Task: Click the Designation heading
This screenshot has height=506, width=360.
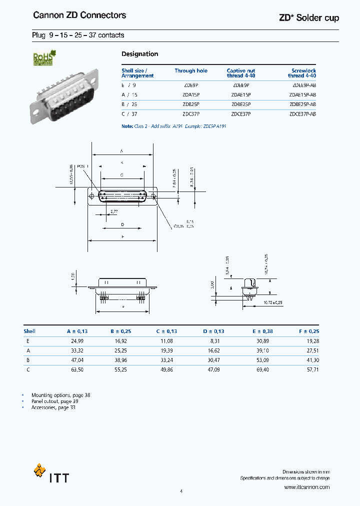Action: click(x=140, y=54)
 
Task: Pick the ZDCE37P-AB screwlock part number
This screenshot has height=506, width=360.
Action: click(x=302, y=114)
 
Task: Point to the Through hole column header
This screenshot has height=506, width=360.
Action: click(x=191, y=71)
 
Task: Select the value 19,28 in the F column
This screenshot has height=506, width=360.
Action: click(x=312, y=340)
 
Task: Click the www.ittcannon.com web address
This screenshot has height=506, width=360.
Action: click(x=306, y=487)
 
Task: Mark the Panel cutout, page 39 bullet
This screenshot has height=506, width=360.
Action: click(x=55, y=401)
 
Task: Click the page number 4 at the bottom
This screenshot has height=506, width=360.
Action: click(x=181, y=491)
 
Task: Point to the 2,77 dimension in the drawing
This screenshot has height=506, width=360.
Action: click(x=114, y=212)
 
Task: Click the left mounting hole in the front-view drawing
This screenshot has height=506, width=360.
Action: click(x=91, y=196)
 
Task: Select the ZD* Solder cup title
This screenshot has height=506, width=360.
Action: click(x=308, y=18)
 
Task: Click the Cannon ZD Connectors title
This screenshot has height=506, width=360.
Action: click(x=79, y=15)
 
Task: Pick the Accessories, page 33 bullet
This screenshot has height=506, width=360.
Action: click(x=53, y=407)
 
